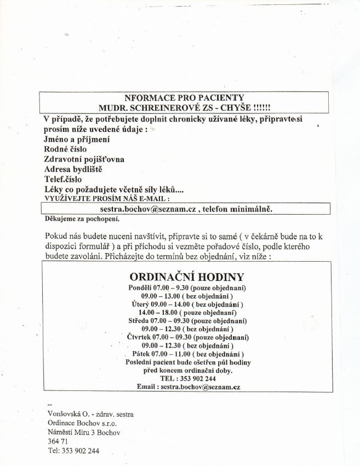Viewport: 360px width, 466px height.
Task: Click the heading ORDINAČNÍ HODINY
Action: click(x=186, y=276)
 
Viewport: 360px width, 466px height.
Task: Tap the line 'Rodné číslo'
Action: click(x=65, y=149)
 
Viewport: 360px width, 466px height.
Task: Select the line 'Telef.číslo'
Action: click(x=63, y=179)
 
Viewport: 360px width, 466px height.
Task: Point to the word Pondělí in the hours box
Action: click(x=142, y=287)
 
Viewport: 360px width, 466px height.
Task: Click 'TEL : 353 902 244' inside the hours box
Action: click(x=187, y=378)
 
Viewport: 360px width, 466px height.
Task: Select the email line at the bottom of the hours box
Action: click(x=188, y=387)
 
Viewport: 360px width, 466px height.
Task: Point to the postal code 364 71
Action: click(x=58, y=441)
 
